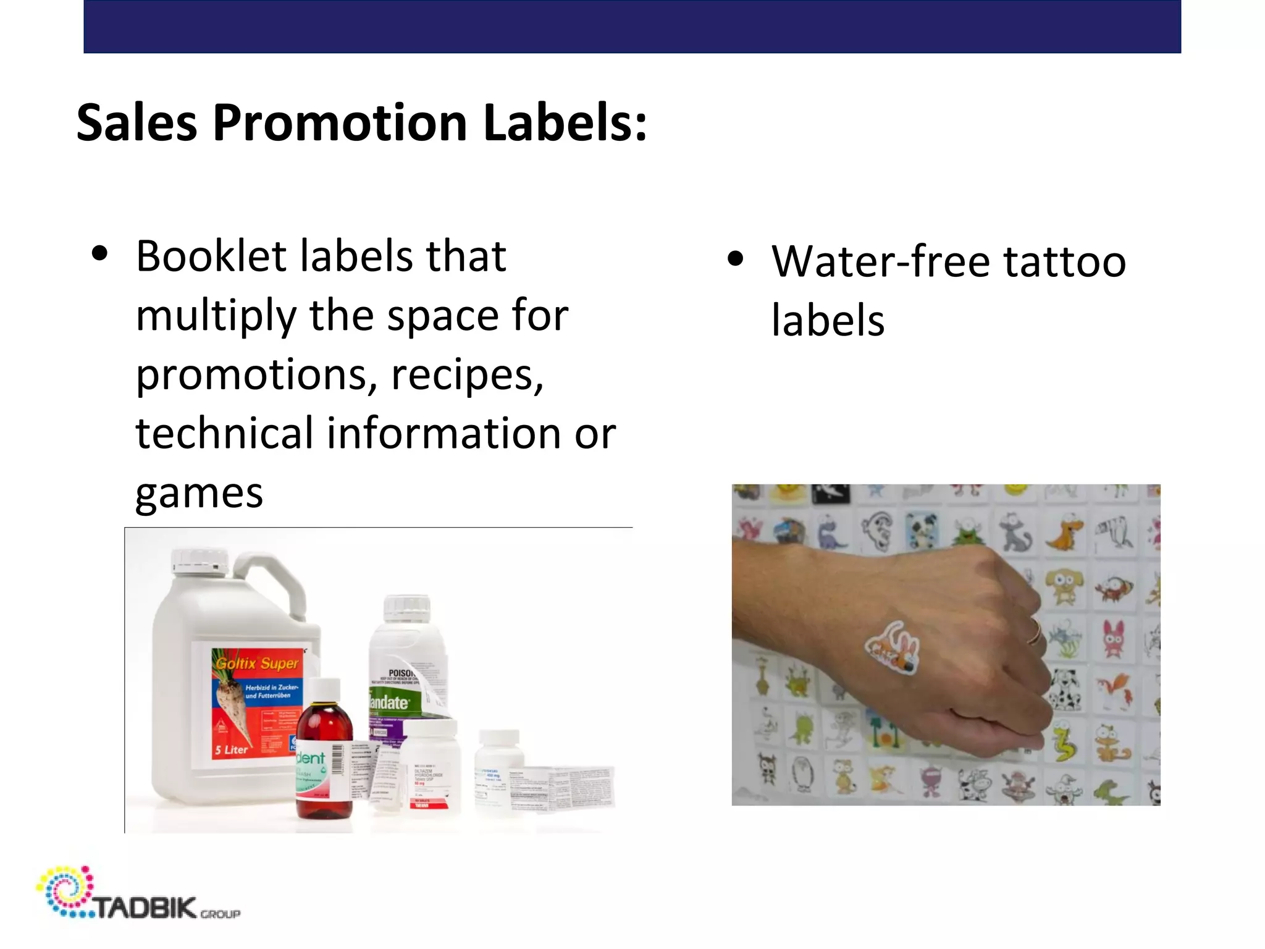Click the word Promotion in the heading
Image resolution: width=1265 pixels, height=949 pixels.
coord(340,123)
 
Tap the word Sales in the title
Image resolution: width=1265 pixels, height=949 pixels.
coord(137,123)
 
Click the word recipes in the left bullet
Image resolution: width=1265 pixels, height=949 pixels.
coord(467,375)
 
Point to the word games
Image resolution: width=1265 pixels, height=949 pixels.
coord(199,494)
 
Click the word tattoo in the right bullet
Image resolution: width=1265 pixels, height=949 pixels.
coord(1064,261)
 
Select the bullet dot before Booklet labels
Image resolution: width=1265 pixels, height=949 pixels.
coord(99,254)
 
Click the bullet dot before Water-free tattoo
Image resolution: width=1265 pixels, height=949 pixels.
coord(735,259)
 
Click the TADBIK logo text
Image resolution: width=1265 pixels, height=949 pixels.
coord(145,908)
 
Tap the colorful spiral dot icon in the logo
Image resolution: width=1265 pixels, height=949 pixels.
coord(65,890)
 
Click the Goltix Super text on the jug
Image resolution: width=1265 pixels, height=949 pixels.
coord(257,664)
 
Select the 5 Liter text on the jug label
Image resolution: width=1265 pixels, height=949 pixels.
coord(231,750)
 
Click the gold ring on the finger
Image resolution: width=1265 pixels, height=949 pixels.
coord(1035,632)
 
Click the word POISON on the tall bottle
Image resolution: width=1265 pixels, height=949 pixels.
coord(402,673)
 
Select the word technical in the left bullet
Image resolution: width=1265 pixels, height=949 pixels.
coord(225,433)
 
